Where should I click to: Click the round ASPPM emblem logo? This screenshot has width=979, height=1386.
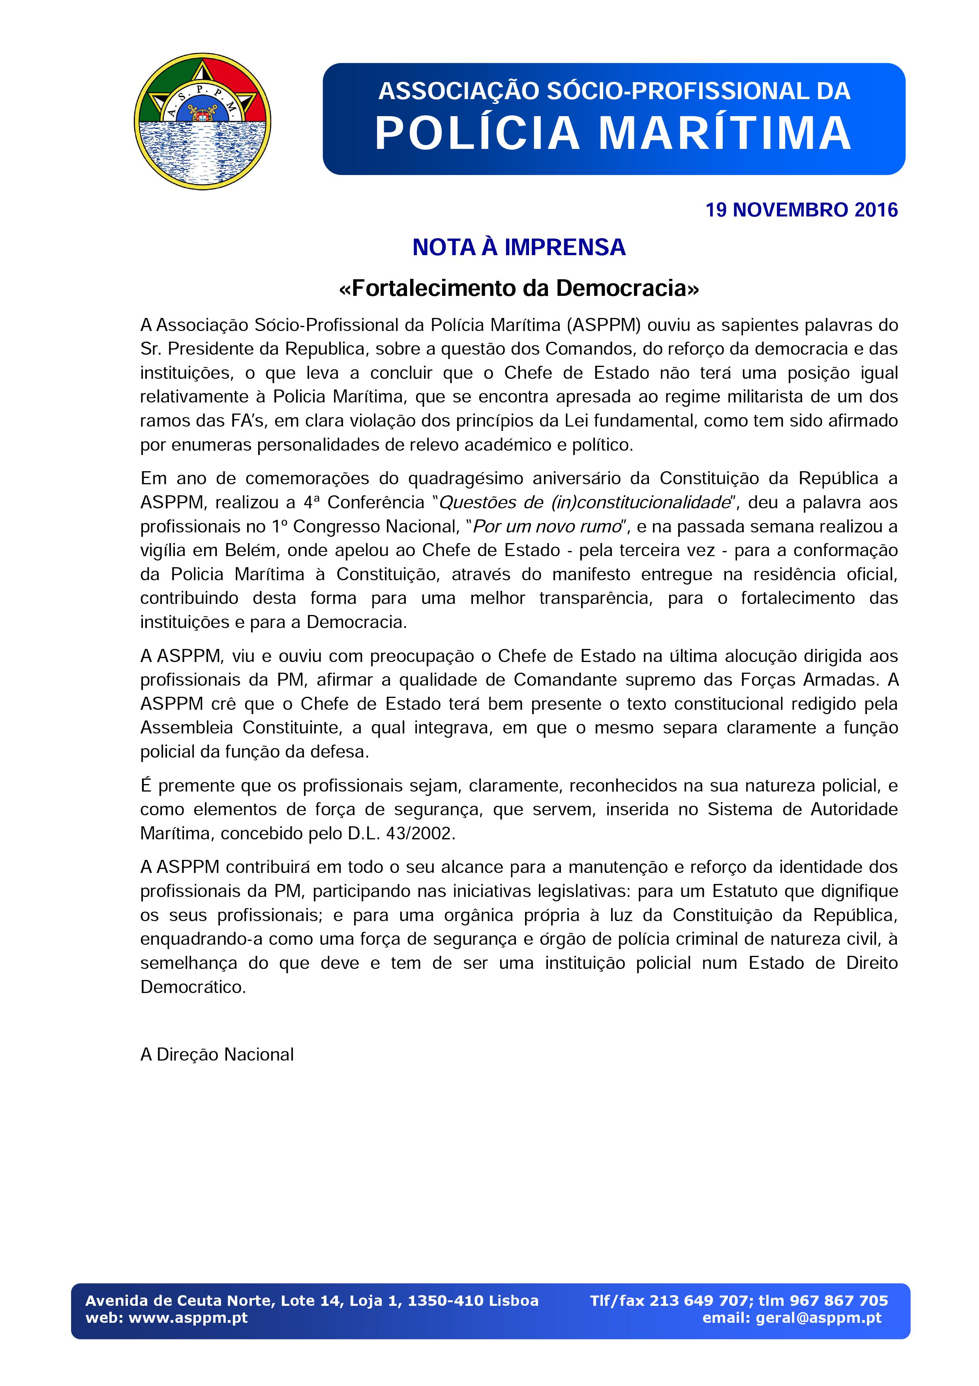[x=202, y=121]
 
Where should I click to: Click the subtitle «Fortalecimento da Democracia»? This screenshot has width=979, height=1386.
[x=519, y=288]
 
